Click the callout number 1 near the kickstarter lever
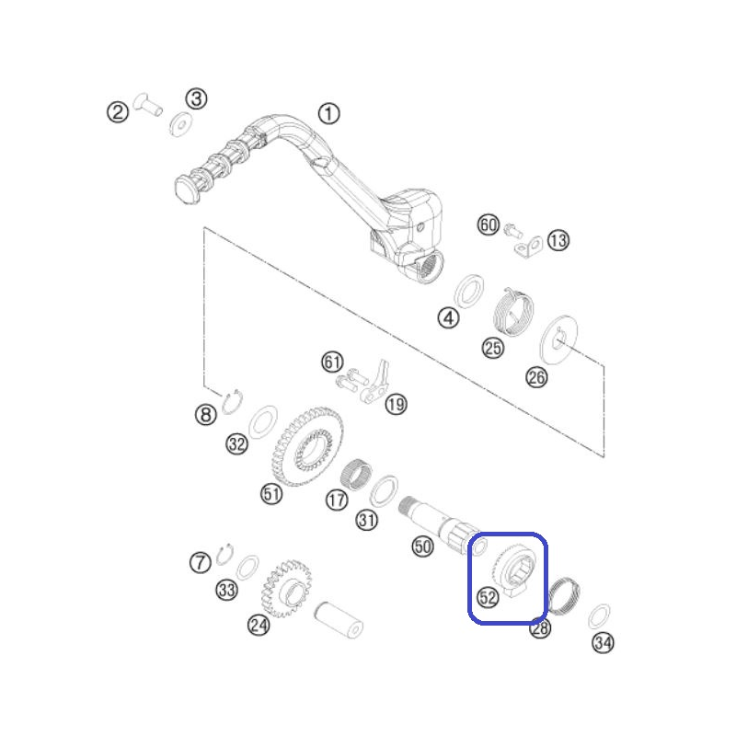329,113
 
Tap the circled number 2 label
118,112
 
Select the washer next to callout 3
180,124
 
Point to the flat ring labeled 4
469,292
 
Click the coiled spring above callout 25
513,312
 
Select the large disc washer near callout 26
558,339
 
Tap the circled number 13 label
558,240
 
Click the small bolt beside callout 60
513,231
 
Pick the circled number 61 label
332,362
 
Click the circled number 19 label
396,404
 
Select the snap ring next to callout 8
233,402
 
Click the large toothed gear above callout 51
307,446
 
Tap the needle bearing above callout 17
356,475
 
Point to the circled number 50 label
422,546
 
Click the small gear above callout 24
286,588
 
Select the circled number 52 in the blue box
488,597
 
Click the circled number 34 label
604,642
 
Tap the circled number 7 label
201,562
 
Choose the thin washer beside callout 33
247,568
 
